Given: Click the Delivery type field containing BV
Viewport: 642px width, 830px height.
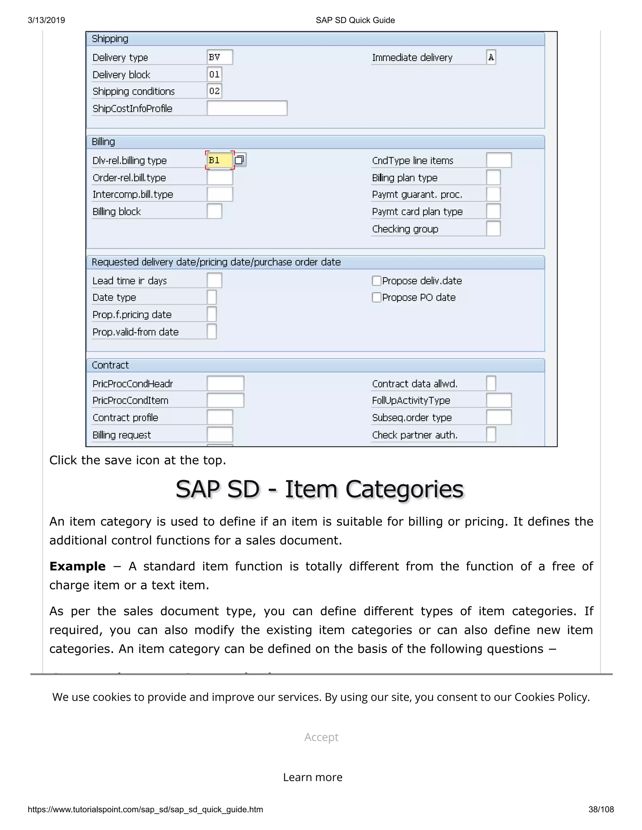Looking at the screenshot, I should (219, 57).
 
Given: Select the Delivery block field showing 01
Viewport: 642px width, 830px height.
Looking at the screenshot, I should (214, 75).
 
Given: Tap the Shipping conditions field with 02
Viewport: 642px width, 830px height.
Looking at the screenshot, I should (214, 91).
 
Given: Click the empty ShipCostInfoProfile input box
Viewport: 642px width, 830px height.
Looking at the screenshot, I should (247, 108).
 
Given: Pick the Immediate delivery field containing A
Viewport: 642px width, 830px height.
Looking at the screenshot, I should (491, 57).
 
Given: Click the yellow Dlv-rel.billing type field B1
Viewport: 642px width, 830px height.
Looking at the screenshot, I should (219, 160).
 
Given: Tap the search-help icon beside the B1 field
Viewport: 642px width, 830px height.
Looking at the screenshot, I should (239, 160).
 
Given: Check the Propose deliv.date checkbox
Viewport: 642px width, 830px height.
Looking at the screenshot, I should (376, 281).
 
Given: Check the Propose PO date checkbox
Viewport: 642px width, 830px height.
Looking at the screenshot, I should (376, 298).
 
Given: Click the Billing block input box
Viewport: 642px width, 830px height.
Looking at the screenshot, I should (214, 212).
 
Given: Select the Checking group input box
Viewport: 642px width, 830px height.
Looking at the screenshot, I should (493, 229).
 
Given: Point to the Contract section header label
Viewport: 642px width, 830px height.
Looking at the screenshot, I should (110, 365).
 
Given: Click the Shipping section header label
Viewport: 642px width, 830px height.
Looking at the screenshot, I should (110, 39).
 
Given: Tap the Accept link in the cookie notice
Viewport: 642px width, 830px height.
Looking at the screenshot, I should (321, 737).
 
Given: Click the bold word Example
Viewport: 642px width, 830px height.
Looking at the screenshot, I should (78, 566).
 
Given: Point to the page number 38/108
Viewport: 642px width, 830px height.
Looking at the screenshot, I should (601, 809).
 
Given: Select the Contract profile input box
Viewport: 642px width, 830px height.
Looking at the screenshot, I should (219, 418).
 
